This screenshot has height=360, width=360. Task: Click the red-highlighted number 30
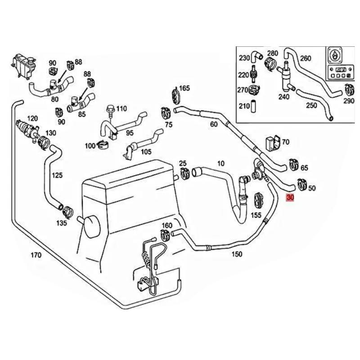click(290, 198)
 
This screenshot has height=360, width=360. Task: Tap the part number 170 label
click(36, 255)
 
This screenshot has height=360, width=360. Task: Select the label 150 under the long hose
click(237, 254)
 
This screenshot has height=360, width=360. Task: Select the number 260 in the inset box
click(305, 58)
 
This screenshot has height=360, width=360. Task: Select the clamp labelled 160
click(165, 234)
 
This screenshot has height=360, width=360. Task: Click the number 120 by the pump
click(32, 118)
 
